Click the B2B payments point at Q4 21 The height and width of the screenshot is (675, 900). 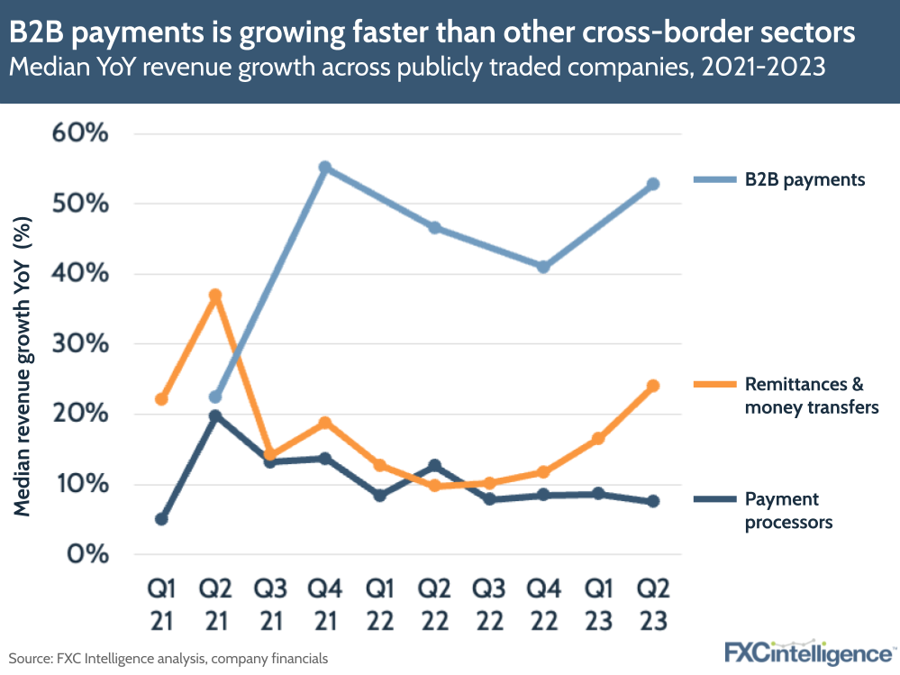point(325,168)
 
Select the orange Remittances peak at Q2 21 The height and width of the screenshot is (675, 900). point(215,296)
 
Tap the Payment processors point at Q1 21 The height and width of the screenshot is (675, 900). point(161,519)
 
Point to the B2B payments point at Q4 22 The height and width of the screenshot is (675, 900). point(543,267)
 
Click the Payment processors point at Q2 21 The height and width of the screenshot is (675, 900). point(215,416)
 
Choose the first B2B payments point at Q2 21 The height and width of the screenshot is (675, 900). point(215,397)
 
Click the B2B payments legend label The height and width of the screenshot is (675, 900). point(805,180)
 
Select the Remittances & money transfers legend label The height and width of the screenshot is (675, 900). point(805,396)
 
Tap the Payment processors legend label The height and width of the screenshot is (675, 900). point(788,510)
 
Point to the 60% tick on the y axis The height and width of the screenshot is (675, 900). point(83,133)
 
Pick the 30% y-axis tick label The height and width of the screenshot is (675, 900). point(83,344)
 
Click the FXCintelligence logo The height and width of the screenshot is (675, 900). point(808,652)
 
